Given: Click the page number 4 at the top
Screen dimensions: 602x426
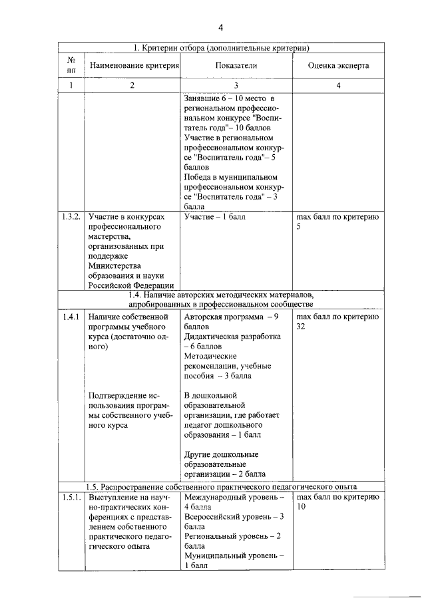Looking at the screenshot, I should (220, 27).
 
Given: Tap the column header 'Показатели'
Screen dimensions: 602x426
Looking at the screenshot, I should (236, 66).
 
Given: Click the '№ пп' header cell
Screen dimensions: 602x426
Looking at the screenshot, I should (71, 66).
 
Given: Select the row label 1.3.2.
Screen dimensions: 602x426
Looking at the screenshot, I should (71, 217).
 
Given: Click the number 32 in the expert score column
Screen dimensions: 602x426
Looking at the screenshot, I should (302, 327).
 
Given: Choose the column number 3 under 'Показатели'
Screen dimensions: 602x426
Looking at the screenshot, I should (236, 85).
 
